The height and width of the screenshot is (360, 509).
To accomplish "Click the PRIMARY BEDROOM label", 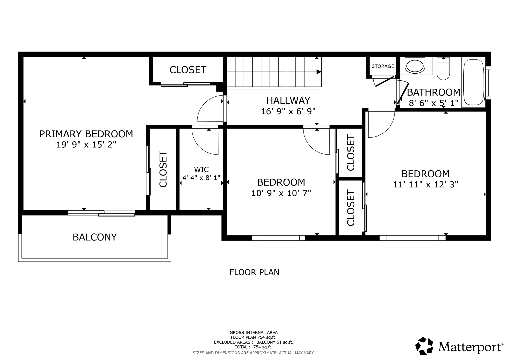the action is click(86, 134).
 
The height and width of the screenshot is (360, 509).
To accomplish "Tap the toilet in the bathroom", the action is click(443, 68).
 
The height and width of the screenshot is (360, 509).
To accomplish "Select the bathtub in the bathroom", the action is click(474, 82).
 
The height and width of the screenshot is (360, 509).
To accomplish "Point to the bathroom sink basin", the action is click(415, 66).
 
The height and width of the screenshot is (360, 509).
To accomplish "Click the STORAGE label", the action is click(383, 66).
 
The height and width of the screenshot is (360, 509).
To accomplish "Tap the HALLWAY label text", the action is click(288, 100).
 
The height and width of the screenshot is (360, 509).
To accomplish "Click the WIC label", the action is click(201, 169).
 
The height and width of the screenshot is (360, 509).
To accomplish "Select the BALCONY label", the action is click(95, 237).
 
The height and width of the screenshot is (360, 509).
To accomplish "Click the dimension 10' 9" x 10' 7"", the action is click(281, 193).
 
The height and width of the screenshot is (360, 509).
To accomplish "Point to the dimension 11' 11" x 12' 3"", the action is click(425, 184).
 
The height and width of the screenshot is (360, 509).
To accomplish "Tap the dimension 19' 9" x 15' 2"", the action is click(86, 144).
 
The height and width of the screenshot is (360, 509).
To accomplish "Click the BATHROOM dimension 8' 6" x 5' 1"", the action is click(433, 103).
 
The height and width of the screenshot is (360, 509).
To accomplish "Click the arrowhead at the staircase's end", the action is click(319, 72).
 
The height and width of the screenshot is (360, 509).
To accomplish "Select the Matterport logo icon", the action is click(424, 345).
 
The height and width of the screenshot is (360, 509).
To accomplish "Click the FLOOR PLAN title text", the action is click(254, 272).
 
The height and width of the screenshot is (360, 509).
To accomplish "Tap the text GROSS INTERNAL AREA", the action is click(254, 333).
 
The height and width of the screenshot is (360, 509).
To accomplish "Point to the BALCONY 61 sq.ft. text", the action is click(275, 342).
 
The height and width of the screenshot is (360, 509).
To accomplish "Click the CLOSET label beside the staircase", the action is click(188, 70).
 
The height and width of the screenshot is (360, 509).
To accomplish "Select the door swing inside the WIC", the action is click(205, 142).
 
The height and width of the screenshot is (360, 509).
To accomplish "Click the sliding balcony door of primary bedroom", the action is click(101, 213).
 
